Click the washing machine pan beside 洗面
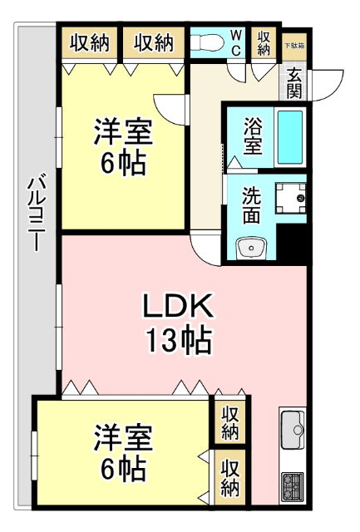tap(291, 197)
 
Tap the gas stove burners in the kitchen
tap(293, 485)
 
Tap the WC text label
tap(236, 42)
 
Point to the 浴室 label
tap(253, 135)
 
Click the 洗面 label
tap(252, 204)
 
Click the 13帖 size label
tap(178, 341)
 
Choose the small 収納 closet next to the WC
tap(264, 43)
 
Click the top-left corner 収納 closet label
tap(89, 42)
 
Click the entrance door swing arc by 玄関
tap(330, 83)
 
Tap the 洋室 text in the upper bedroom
tap(122, 132)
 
